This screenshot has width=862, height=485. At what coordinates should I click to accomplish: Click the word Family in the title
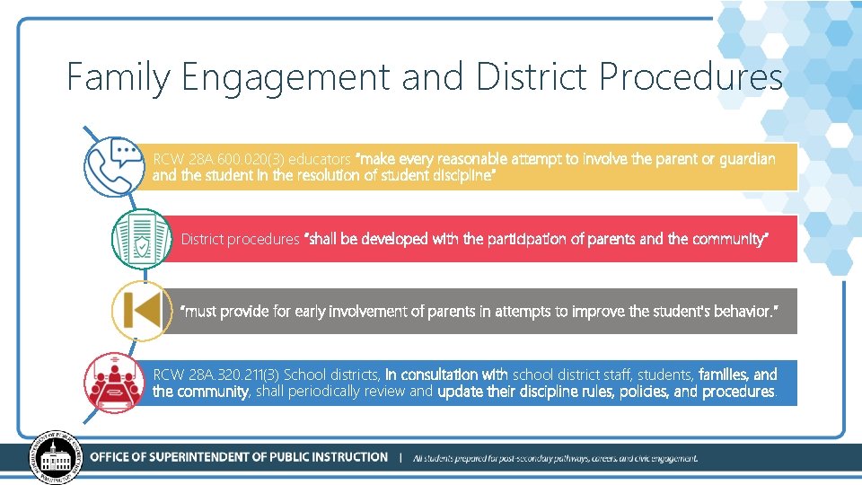point(118,78)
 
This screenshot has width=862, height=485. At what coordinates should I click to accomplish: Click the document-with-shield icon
point(141,239)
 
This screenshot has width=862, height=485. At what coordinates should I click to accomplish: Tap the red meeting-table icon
point(113,381)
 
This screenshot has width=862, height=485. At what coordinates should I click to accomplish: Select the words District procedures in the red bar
point(240,239)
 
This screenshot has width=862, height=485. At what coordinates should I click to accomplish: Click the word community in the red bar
point(729,239)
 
